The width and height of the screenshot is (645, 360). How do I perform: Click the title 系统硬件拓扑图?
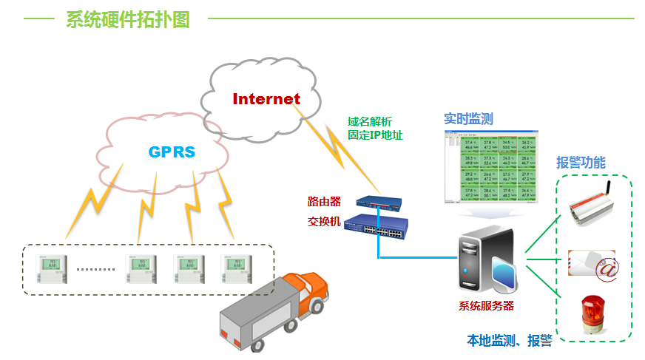pos(128,20)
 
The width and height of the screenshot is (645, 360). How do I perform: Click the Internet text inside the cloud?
pos(266,98)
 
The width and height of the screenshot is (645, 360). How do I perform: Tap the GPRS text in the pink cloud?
pos(172,152)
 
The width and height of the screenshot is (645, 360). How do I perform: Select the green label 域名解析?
pos(370,122)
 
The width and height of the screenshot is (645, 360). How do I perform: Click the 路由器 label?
pos(324,201)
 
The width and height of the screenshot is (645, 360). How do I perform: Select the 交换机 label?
pos(324,221)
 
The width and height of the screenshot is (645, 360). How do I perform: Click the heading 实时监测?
pos(468,118)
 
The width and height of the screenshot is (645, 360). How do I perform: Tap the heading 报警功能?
pos(581,162)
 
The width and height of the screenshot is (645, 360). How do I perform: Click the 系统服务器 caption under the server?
pos(486,305)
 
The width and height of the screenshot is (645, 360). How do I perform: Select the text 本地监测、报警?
pos(510,341)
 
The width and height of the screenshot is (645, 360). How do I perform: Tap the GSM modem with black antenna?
pos(594,208)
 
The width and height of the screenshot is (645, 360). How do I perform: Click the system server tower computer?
pos(486,260)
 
